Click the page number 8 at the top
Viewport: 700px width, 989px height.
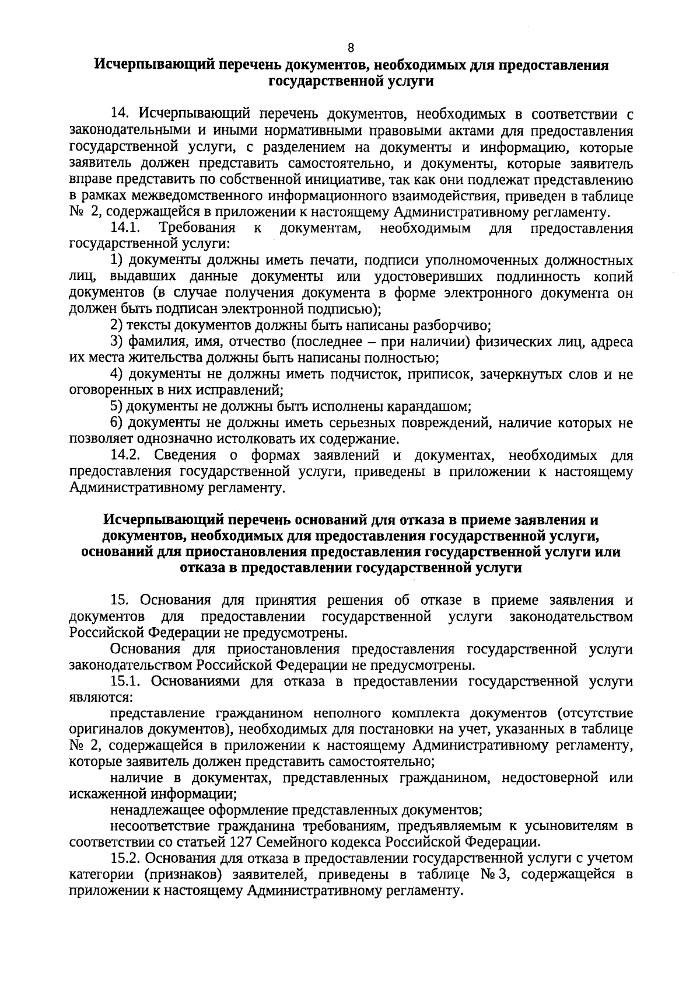tap(351, 48)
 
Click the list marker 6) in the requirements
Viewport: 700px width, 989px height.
tap(117, 422)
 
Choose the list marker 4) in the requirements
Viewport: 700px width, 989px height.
tap(117, 374)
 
